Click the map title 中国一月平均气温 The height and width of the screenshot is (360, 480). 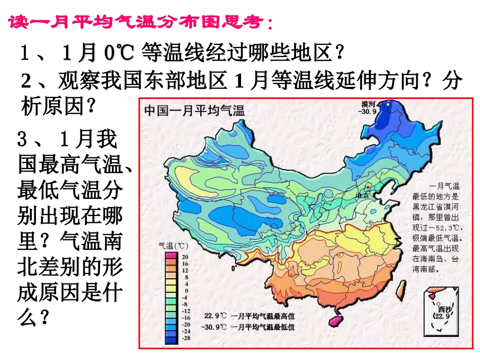[195, 110]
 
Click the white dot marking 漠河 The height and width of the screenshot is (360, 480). [388, 105]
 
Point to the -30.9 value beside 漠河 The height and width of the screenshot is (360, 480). [369, 112]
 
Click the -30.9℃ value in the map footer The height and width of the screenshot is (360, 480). [215, 327]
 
